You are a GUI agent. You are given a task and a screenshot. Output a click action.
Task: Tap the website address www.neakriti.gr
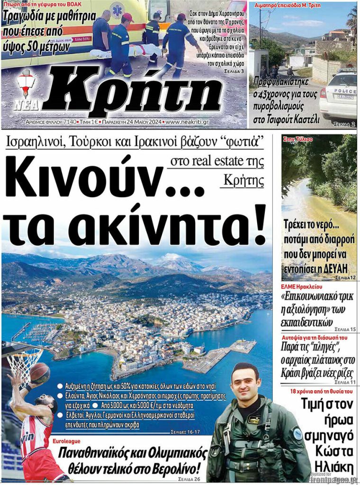(187, 122)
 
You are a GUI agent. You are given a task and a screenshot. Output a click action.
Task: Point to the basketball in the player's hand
(40, 373)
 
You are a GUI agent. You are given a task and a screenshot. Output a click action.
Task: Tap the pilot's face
(245, 383)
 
